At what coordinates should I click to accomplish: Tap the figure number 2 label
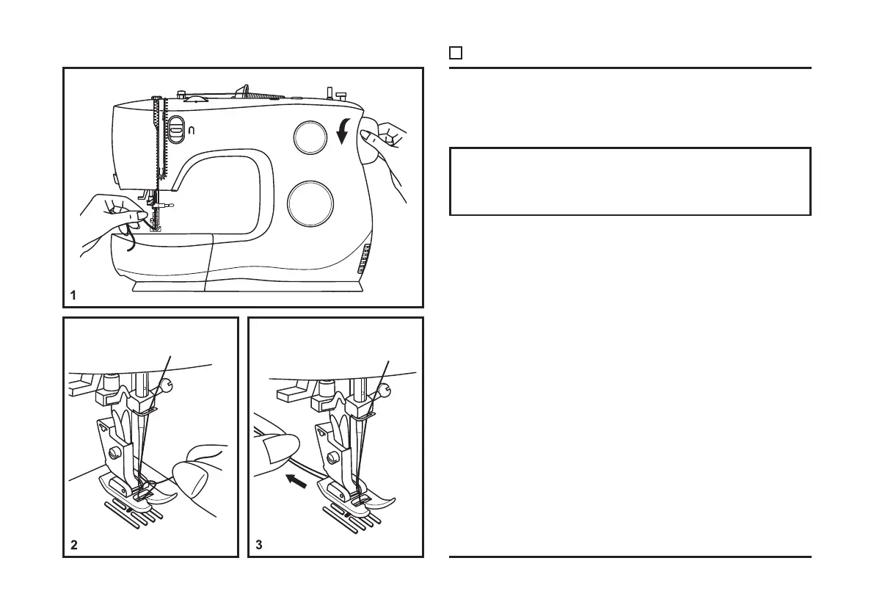pyautogui.click(x=73, y=546)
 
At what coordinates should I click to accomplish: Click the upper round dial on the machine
pyautogui.click(x=309, y=137)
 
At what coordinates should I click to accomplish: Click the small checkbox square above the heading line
pyautogui.click(x=455, y=53)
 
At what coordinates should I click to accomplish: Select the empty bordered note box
pyautogui.click(x=630, y=181)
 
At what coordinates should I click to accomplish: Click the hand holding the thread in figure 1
pyautogui.click(x=110, y=220)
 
